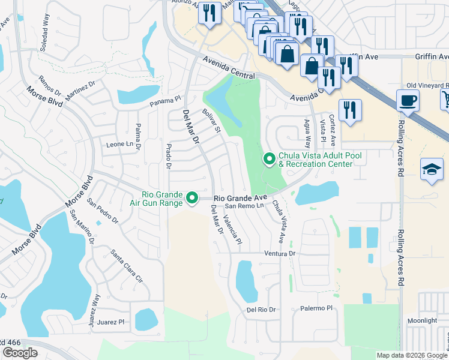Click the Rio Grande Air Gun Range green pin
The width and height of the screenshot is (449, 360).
pyautogui.click(x=192, y=197)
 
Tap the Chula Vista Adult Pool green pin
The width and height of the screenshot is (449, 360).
pyautogui.click(x=270, y=159)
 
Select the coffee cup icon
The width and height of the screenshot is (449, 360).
pyautogui.click(x=408, y=101)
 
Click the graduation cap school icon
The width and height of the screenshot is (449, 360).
pyautogui.click(x=432, y=170)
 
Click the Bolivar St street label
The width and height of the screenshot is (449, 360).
pyautogui.click(x=212, y=121)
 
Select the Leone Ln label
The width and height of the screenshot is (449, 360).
pyautogui.click(x=119, y=145)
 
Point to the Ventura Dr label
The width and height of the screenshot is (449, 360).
pyautogui.click(x=281, y=254)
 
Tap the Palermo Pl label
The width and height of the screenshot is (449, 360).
pyautogui.click(x=316, y=308)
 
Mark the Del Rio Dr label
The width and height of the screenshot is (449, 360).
pyautogui.click(x=261, y=310)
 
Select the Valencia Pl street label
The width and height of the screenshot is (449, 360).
pyautogui.click(x=232, y=229)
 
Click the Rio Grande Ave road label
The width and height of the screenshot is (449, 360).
pyautogui.click(x=240, y=197)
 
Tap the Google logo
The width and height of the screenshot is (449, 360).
pyautogui.click(x=20, y=353)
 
